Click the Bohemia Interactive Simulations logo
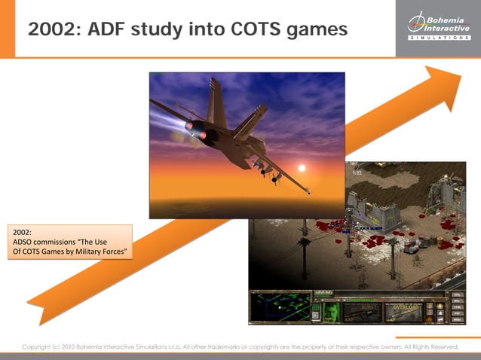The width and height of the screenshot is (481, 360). pos(438,27)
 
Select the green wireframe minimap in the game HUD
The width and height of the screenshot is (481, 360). pos(278,307)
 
